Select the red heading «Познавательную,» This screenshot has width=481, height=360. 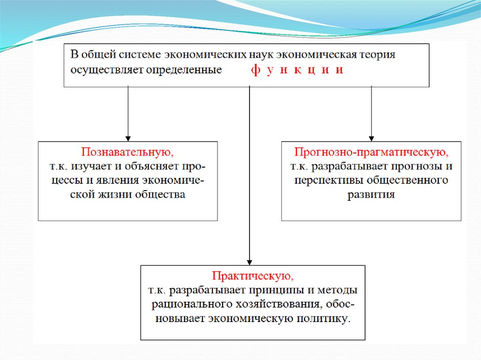coord(127,153)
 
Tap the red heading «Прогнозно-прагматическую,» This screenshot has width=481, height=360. coord(371,153)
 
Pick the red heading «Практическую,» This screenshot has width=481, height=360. coord(253,276)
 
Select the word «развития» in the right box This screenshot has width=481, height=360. coord(371,194)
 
